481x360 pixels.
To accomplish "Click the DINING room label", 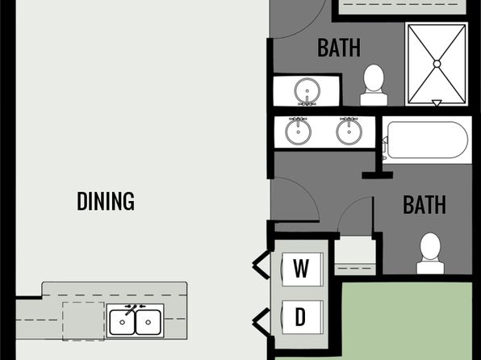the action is pos(106,201).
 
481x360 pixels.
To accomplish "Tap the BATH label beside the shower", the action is pos(339,48).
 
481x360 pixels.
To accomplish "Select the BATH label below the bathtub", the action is pos(425,205).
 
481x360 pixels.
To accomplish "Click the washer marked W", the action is pos(302,269).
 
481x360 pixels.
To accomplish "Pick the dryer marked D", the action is pos(302,317).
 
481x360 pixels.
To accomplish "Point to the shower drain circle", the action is pos(437,64).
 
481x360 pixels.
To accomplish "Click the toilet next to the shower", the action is pos(374,86).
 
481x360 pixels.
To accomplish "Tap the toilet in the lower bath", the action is pos(430,253).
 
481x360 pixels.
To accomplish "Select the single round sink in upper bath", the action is pos(307,91).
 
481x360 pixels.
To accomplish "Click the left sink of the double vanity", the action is pos(298,131).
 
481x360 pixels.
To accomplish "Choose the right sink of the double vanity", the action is pos(349,131).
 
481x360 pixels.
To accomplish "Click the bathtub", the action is pos(427,140).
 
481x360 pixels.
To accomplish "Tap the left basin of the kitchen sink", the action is pos(122,322).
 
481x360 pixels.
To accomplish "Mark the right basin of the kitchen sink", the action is pos(148,322).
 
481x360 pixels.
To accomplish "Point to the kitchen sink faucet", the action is pos(132,309).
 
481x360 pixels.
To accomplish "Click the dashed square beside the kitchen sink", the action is pos(83,321).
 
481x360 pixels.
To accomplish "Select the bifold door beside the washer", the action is pos(261,265).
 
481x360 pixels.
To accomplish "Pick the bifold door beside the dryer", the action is pos(261,322).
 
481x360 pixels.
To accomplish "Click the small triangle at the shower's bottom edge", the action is pos(437,103).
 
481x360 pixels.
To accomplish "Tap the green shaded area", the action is pos(407,319).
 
